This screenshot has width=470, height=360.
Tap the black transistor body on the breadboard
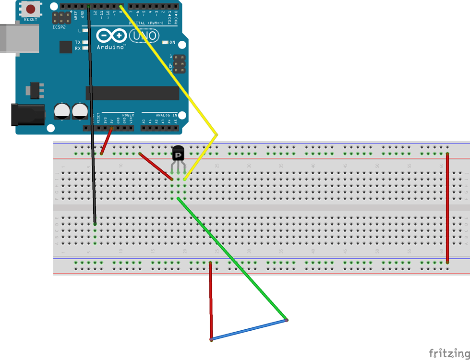coord(178,154)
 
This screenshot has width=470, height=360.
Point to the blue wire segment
coord(249,330)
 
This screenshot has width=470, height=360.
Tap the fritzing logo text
coord(448,353)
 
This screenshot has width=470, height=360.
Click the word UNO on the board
coord(145,36)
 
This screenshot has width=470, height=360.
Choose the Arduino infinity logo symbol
coord(111,36)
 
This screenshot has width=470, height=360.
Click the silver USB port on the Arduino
coord(19,38)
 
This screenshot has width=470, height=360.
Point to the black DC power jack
coord(27,115)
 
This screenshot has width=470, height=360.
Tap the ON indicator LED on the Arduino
coord(165,43)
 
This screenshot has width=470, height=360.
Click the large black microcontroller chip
coord(132,93)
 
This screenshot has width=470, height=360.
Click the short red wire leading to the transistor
coord(156,166)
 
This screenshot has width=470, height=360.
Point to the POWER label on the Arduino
coord(128,115)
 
